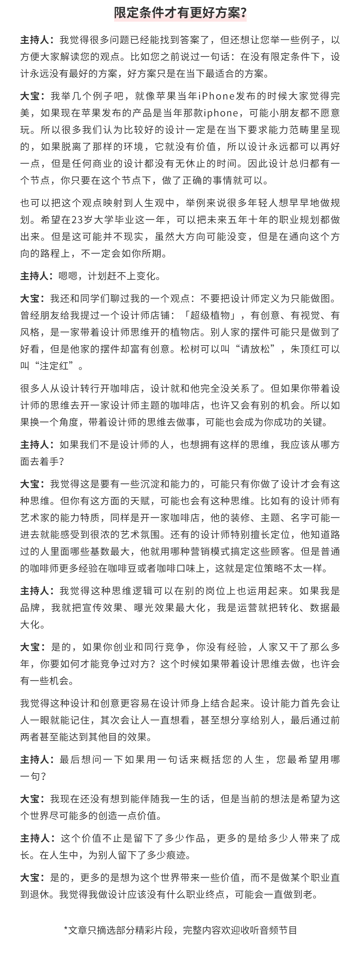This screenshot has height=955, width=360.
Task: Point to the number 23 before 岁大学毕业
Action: (77, 220)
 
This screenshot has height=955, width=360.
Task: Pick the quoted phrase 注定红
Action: (56, 366)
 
